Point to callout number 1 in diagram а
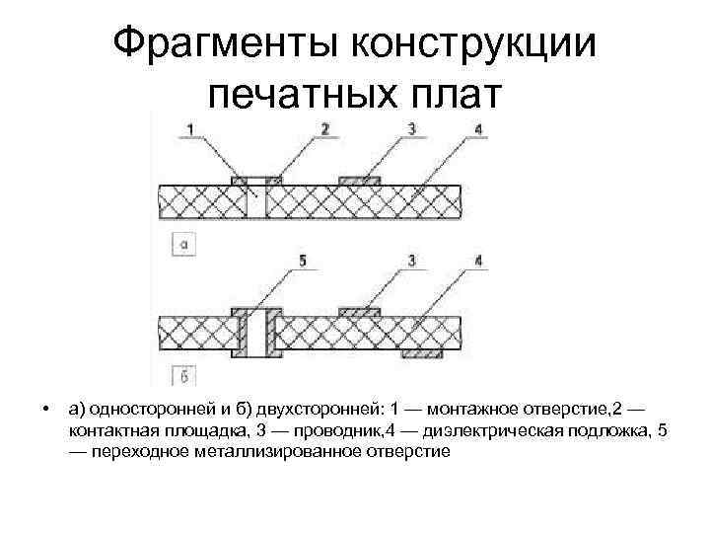tap(189, 128)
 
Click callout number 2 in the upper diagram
tap(324, 128)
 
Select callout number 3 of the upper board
tap(413, 128)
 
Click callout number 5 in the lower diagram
tap(303, 262)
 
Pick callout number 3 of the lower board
tap(413, 262)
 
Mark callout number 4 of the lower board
tap(478, 262)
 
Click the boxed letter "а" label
tap(183, 242)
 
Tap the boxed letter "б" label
tap(183, 374)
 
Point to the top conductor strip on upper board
tap(360, 180)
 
